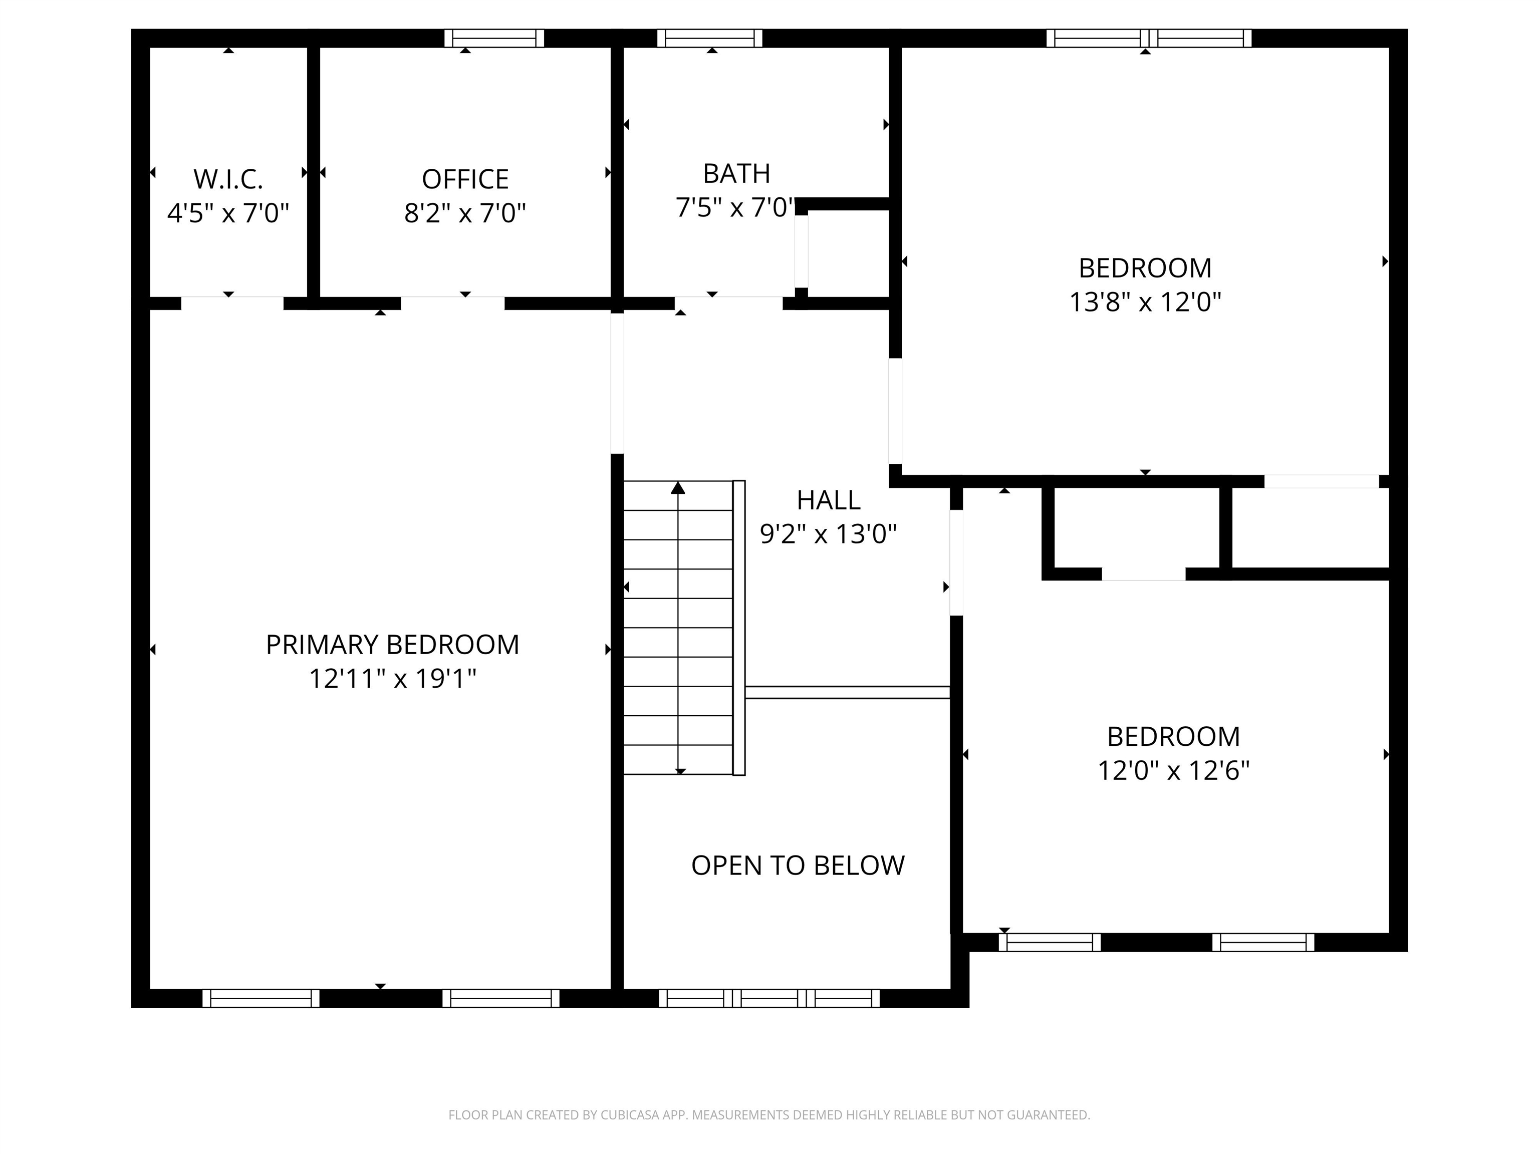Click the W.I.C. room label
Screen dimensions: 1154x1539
[x=228, y=179]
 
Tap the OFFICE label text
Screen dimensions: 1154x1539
[x=465, y=179]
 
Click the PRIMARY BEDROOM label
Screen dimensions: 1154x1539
[x=392, y=645]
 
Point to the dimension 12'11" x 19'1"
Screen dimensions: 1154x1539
[x=392, y=678]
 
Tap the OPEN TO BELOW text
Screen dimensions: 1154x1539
[x=798, y=865]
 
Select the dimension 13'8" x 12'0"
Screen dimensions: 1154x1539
[x=1145, y=302]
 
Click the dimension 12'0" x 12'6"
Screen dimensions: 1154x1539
[x=1173, y=771]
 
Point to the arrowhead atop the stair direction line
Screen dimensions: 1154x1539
[x=678, y=488]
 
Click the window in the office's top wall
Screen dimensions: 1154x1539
[x=494, y=38]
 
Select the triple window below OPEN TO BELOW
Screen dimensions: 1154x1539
[x=769, y=998]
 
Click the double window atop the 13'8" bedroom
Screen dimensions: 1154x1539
[x=1149, y=38]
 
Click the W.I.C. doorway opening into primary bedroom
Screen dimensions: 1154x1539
[x=232, y=304]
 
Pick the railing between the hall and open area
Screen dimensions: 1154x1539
[x=848, y=692]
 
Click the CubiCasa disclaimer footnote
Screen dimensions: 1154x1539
[x=769, y=1115]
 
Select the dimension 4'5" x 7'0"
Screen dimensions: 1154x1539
[x=228, y=213]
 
